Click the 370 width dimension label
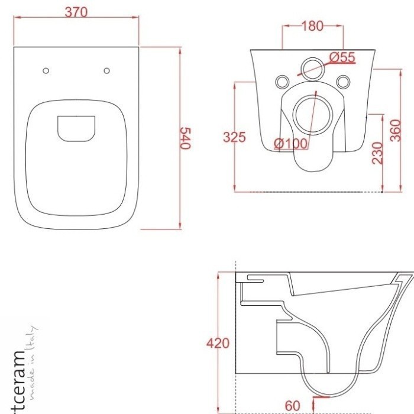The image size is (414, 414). coord(76,12)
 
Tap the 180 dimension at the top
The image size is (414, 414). coord(312,25)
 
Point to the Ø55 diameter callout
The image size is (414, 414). coord(341,57)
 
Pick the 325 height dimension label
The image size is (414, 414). coord(234,137)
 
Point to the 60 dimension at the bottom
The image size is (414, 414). coord(292,405)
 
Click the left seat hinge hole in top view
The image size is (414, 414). coord(46,71)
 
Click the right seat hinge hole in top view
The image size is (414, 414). coord(106,71)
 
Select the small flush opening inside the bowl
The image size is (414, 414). coord(76,129)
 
